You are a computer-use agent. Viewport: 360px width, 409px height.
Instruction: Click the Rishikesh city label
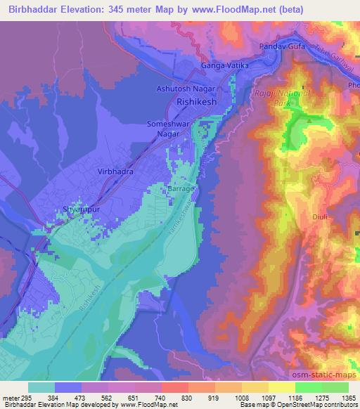point(202,101)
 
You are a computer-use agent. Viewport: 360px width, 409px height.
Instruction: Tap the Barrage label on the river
point(180,190)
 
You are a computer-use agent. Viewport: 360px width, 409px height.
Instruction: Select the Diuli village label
point(320,217)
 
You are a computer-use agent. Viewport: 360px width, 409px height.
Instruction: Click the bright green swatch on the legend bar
point(309,387)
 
